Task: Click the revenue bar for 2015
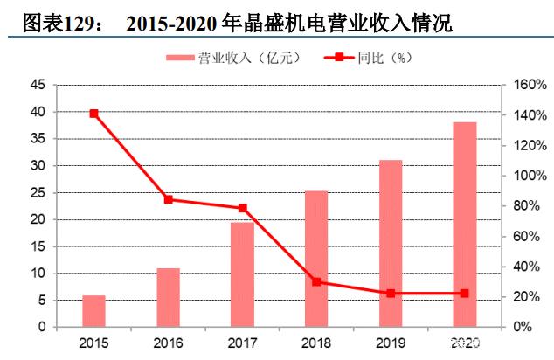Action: point(94,311)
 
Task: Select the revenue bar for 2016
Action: point(169,297)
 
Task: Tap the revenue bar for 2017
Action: point(242,274)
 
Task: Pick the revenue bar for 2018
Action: point(316,259)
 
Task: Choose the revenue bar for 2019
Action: point(391,244)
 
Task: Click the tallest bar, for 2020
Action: point(465,225)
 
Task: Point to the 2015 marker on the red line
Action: point(94,114)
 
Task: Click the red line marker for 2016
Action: point(169,199)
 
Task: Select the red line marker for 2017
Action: point(242,208)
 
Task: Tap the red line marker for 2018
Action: point(316,281)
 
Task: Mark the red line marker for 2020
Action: point(465,294)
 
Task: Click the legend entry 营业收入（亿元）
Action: point(233,58)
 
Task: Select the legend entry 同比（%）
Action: point(368,58)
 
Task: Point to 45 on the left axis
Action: point(38,85)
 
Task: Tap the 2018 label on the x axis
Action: point(316,343)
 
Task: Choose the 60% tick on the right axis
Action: point(526,236)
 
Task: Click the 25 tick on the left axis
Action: point(38,193)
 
